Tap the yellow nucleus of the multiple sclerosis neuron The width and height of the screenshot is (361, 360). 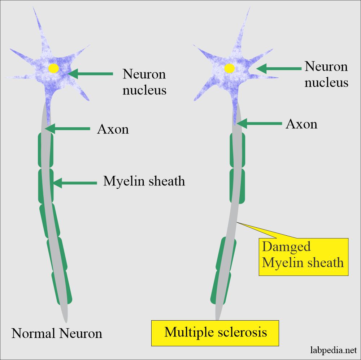229,68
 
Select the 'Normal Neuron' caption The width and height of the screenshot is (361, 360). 57,333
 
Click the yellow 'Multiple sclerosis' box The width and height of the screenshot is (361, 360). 216,332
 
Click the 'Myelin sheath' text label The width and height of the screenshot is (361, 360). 144,181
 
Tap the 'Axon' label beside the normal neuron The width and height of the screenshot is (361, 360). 113,129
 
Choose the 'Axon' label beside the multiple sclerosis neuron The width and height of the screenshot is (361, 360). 301,124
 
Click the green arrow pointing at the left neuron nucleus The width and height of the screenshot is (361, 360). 90,74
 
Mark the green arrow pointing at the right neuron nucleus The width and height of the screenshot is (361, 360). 278,68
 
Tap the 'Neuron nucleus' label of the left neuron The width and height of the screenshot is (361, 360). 144,82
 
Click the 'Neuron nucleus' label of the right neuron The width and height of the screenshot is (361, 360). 326,74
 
